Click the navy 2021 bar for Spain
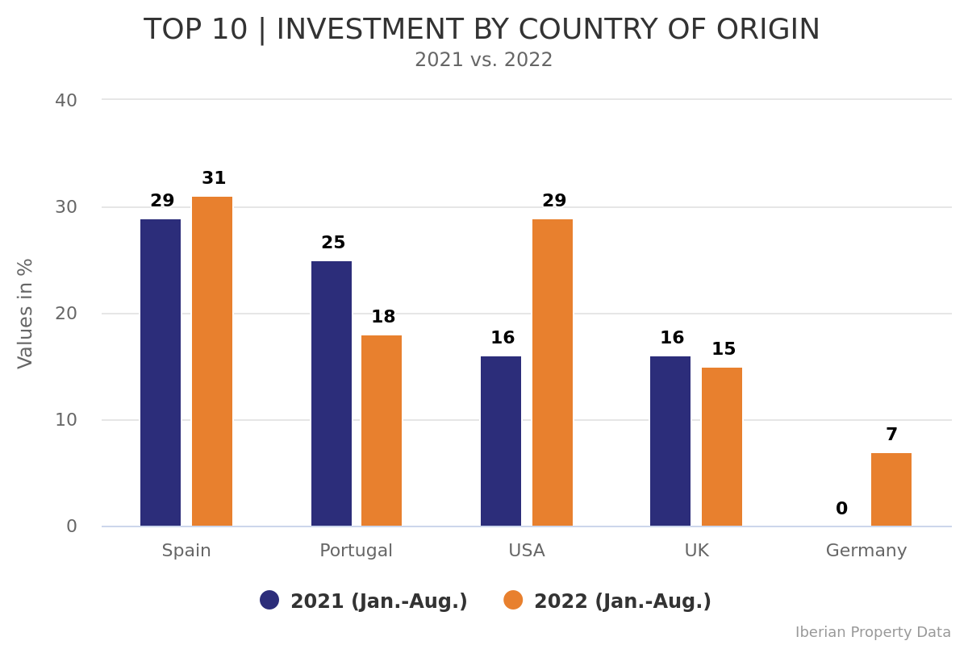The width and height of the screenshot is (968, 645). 161,372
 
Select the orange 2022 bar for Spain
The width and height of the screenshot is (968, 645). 212,361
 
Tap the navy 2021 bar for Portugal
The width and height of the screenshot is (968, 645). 332,393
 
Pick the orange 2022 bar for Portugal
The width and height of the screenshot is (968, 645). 382,431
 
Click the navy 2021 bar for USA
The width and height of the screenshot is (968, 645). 501,441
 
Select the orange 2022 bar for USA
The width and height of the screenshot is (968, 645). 553,372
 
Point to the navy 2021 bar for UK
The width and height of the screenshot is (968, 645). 670,441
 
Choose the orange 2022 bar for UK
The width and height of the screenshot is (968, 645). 722,447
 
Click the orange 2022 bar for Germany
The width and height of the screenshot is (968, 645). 891,489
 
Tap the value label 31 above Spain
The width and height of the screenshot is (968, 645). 214,179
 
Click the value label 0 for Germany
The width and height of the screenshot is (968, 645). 841,510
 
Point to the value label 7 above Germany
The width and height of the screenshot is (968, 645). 891,435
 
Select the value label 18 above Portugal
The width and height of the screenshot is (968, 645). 383,318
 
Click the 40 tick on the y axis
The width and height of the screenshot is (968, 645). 66,101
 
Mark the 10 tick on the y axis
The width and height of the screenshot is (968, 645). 66,420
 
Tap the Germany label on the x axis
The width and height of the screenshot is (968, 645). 866,551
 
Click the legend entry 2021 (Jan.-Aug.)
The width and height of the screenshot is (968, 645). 378,601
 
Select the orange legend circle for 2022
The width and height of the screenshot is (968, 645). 513,601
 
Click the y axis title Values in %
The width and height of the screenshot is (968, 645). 26,313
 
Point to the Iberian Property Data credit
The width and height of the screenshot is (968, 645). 873,633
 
